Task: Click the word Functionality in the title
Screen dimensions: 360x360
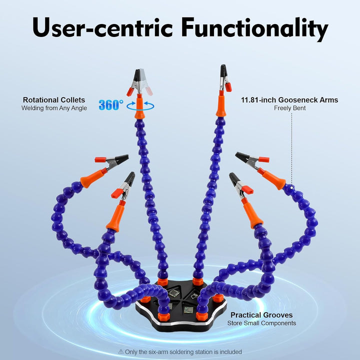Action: tap(254, 28)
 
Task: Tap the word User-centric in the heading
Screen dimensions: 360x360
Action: tap(102, 27)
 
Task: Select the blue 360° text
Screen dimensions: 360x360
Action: tap(111, 105)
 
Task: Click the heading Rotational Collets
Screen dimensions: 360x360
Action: tap(54, 100)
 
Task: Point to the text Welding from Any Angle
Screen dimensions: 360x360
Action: tap(54, 108)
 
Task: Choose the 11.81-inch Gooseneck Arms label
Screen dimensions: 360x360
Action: tap(289, 100)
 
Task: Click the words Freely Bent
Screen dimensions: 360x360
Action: tap(289, 108)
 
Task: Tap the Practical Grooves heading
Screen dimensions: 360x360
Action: tap(261, 315)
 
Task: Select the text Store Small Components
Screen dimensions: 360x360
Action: tap(261, 323)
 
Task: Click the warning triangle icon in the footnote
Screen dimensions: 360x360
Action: tap(121, 351)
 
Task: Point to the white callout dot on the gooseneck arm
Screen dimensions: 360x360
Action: tap(292, 187)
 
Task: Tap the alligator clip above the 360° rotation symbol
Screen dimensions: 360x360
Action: tap(139, 82)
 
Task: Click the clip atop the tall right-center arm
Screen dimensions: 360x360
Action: tap(225, 78)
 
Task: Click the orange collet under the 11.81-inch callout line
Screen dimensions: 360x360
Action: tap(273, 180)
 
